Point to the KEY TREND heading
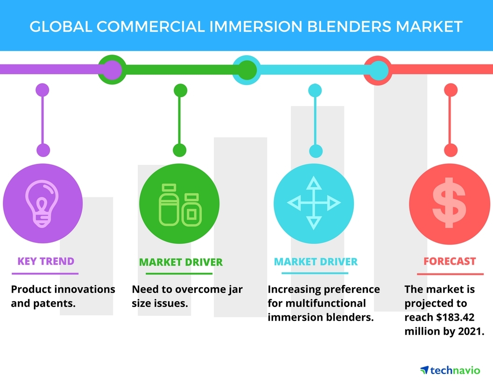click(46, 261)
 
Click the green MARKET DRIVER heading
click(181, 262)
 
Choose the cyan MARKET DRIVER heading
click(316, 261)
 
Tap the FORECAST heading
click(450, 261)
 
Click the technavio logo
click(450, 370)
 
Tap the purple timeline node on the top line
click(111, 70)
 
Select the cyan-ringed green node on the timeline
click(245, 70)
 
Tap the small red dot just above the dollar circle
click(451, 150)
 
